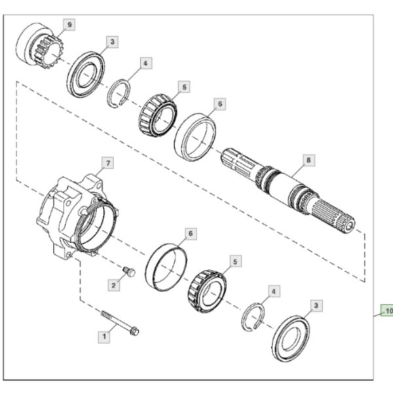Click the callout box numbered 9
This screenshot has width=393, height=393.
(69, 25)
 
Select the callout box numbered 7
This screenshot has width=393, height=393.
(108, 163)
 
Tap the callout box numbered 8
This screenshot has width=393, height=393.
(309, 160)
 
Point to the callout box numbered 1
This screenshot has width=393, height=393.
(104, 337)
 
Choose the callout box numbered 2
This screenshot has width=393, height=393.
(114, 285)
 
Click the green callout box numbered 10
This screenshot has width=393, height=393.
(387, 310)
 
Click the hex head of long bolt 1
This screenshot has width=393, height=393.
(134, 331)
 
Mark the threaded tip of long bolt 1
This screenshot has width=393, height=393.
(103, 313)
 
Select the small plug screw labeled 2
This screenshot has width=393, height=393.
(129, 272)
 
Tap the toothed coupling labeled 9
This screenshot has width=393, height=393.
(39, 46)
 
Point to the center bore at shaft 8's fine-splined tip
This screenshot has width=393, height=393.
(350, 226)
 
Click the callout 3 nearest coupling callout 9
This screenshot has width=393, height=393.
(112, 42)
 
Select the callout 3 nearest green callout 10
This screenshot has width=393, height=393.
(316, 305)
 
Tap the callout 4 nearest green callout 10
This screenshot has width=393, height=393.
(274, 291)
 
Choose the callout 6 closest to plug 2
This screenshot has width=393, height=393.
(191, 234)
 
